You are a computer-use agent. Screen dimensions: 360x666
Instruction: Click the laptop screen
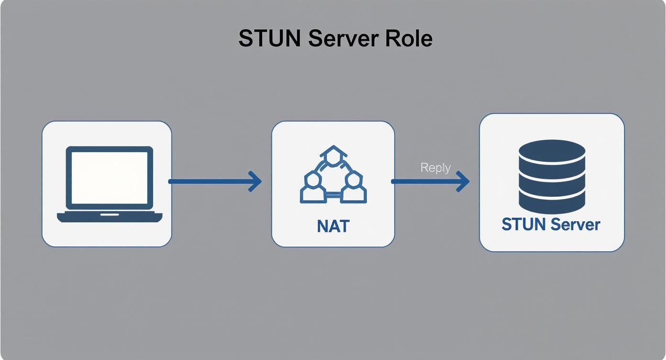click(109, 177)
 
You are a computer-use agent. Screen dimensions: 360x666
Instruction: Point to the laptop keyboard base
click(110, 216)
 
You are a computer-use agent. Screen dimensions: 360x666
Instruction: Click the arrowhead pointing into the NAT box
click(256, 181)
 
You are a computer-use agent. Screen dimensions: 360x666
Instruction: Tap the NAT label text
click(333, 225)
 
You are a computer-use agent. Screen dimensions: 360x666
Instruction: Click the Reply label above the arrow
click(435, 168)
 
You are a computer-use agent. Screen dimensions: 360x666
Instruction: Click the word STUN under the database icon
click(523, 224)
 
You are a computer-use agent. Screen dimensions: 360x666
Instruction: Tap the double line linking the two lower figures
click(333, 195)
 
